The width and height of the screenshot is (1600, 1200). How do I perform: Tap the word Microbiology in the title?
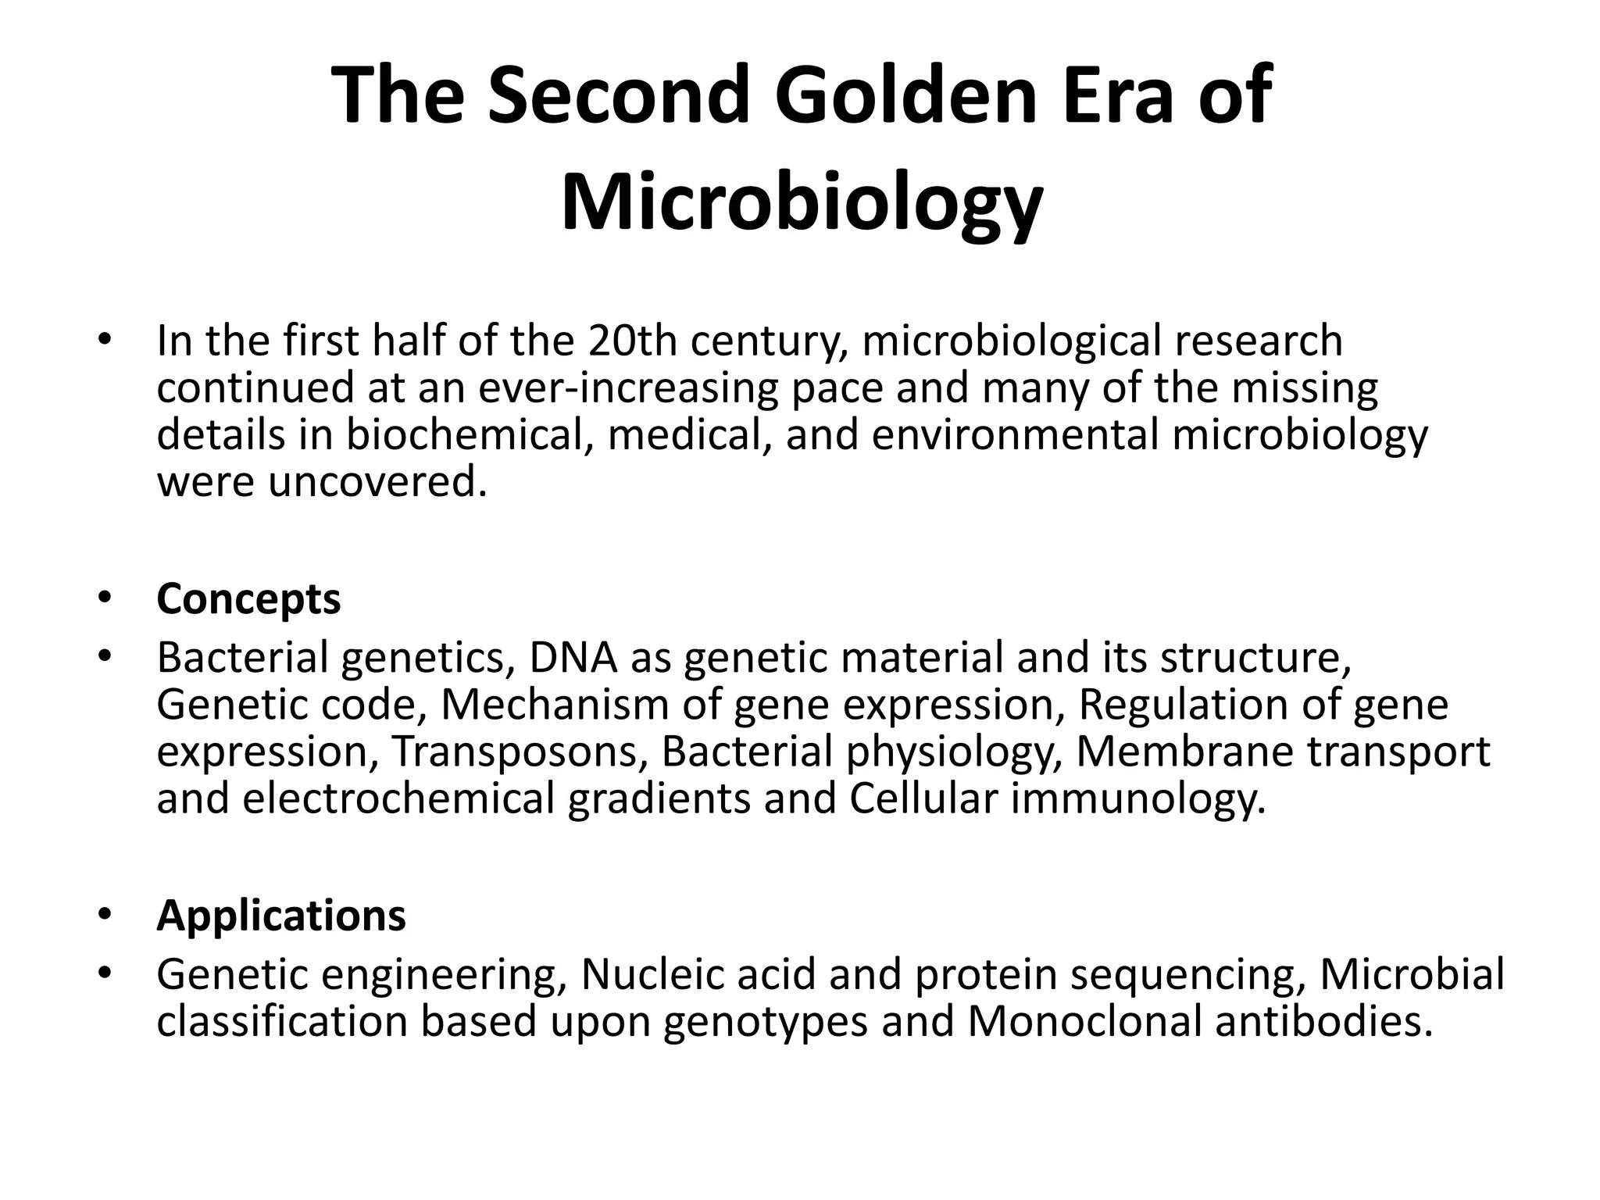[x=802, y=203]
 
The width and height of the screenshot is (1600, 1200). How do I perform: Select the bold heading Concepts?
[x=248, y=599]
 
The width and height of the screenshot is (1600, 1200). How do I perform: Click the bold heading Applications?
[x=281, y=915]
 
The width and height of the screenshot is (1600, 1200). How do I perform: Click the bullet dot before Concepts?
[x=106, y=600]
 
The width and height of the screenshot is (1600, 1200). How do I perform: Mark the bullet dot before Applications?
[x=106, y=916]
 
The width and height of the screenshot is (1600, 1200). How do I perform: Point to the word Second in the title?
[x=618, y=95]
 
